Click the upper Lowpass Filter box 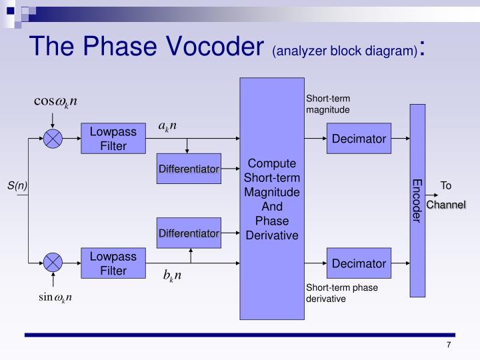click(113, 139)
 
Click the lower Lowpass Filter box click(113, 263)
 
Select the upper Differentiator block click(189, 169)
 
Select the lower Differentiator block click(189, 233)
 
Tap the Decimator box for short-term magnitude click(359, 139)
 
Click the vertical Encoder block click(417, 200)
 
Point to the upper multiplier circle click(53, 139)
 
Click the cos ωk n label click(56, 101)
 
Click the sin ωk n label click(55, 297)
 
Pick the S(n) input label click(17, 186)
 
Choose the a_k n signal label click(167, 126)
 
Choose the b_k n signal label click(172, 275)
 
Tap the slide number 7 click(449, 345)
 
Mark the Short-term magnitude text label click(328, 103)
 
